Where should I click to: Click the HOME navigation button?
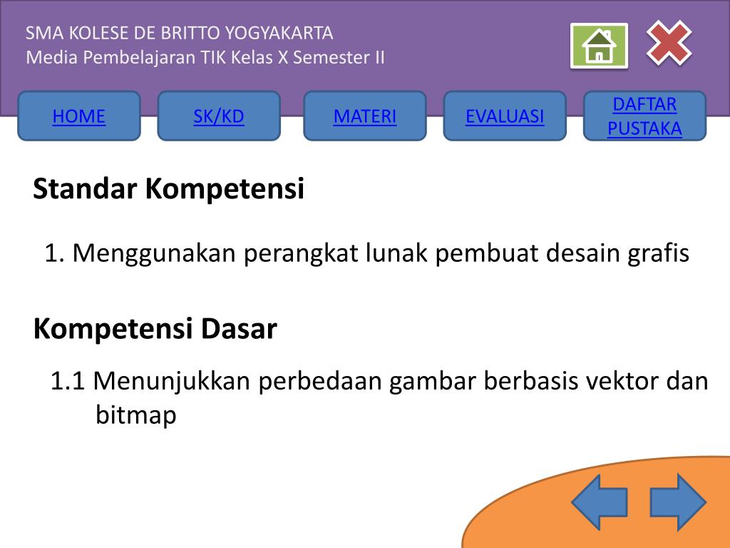[x=79, y=116]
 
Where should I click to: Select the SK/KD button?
[x=219, y=116]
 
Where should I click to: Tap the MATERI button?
[x=365, y=116]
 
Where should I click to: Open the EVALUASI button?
[x=505, y=116]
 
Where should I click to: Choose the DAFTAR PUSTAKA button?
[x=644, y=116]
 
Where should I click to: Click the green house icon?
[x=599, y=46]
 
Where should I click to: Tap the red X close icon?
[x=669, y=43]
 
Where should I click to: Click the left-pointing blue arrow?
[x=599, y=502]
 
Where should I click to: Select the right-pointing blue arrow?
[x=677, y=502]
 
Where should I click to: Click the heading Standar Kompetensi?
[x=169, y=189]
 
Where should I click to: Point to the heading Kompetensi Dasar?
[x=155, y=329]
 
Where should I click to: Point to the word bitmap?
[x=135, y=415]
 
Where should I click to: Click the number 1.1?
[x=68, y=382]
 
